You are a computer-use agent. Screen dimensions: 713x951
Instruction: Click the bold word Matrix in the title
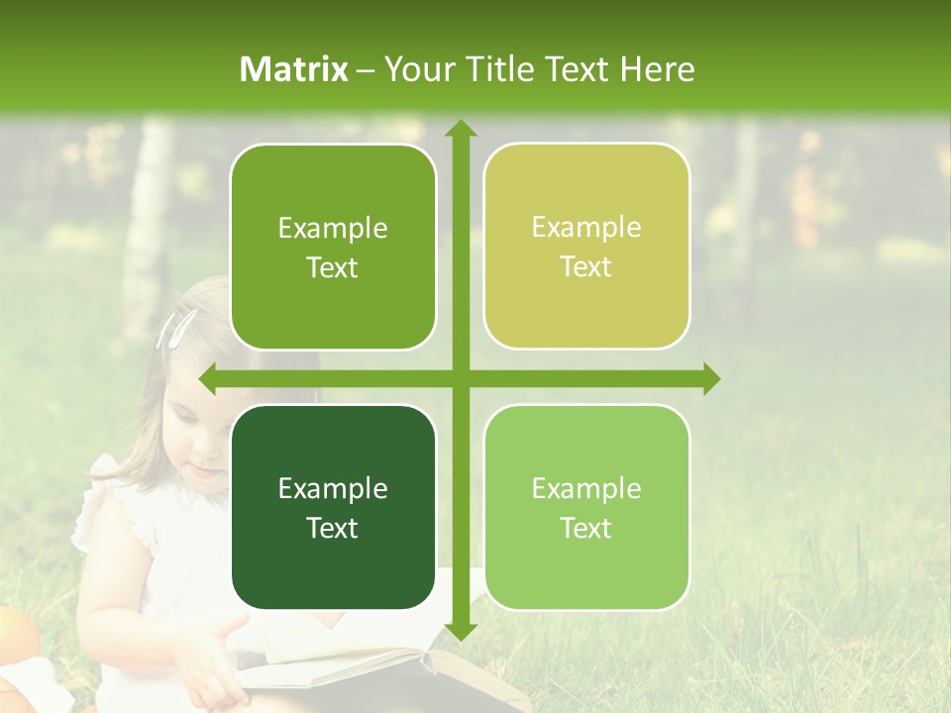tap(294, 69)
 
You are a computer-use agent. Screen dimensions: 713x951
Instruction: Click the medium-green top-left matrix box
tap(333, 247)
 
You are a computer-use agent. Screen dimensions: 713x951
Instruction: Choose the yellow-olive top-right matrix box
tap(586, 247)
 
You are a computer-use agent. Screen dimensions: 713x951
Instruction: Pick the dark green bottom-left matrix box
tap(333, 507)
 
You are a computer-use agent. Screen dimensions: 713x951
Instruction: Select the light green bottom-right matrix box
tap(586, 507)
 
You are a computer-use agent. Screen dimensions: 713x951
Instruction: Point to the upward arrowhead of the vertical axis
tap(460, 130)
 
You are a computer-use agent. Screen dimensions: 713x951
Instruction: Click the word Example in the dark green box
tap(333, 488)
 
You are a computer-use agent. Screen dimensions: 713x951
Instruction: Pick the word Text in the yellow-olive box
tap(586, 267)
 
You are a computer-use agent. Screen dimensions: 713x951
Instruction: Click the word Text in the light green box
tap(586, 528)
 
